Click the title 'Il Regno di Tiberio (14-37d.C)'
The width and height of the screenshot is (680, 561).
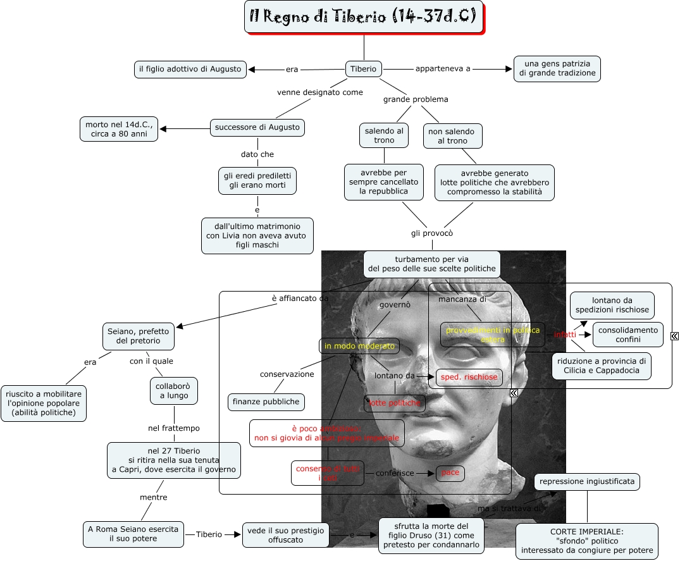point(363,17)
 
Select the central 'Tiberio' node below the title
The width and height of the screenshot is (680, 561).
point(363,69)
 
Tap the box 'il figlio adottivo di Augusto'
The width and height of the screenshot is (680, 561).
point(190,69)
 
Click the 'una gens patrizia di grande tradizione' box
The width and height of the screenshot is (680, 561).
point(557,69)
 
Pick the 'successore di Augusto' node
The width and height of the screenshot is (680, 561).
point(257,127)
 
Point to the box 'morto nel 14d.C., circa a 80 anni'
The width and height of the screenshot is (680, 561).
point(119,129)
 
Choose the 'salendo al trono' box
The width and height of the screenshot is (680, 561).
point(384,135)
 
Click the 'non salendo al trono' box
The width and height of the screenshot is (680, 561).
point(453,135)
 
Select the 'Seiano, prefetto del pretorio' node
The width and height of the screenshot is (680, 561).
point(138,335)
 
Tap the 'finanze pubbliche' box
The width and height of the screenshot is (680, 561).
point(266,402)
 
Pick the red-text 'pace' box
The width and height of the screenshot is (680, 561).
point(450,473)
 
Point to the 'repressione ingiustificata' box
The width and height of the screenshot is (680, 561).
point(587,482)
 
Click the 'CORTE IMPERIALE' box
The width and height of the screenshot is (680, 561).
point(587,541)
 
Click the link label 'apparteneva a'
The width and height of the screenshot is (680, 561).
point(443,69)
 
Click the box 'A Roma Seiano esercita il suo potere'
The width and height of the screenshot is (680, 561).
point(133,534)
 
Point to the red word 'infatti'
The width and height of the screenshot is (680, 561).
point(565,335)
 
